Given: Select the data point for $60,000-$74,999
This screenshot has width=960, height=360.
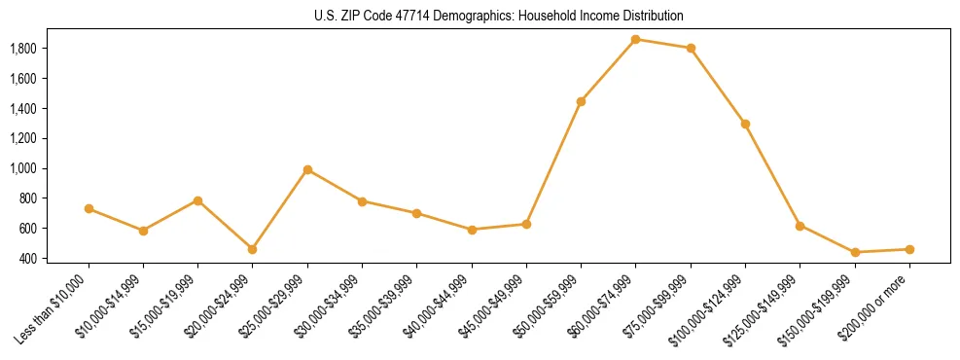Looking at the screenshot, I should click(635, 40).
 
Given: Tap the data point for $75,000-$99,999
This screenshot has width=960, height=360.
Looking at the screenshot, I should click(691, 48).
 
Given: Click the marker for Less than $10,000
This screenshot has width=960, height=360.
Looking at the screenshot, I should click(89, 208).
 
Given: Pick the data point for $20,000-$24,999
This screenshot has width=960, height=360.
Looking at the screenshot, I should click(253, 249).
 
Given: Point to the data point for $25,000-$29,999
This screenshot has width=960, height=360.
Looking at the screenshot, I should click(307, 169).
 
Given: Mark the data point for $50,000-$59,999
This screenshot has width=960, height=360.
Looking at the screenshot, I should click(581, 101).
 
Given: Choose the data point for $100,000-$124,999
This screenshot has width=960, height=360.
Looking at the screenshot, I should click(745, 124).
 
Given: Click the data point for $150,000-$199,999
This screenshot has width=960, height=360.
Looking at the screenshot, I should click(855, 252).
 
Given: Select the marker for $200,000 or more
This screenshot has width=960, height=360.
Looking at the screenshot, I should click(909, 249).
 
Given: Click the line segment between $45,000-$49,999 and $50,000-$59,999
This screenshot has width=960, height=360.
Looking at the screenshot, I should click(553, 162).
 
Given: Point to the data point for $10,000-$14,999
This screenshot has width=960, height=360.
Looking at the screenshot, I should click(143, 231).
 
